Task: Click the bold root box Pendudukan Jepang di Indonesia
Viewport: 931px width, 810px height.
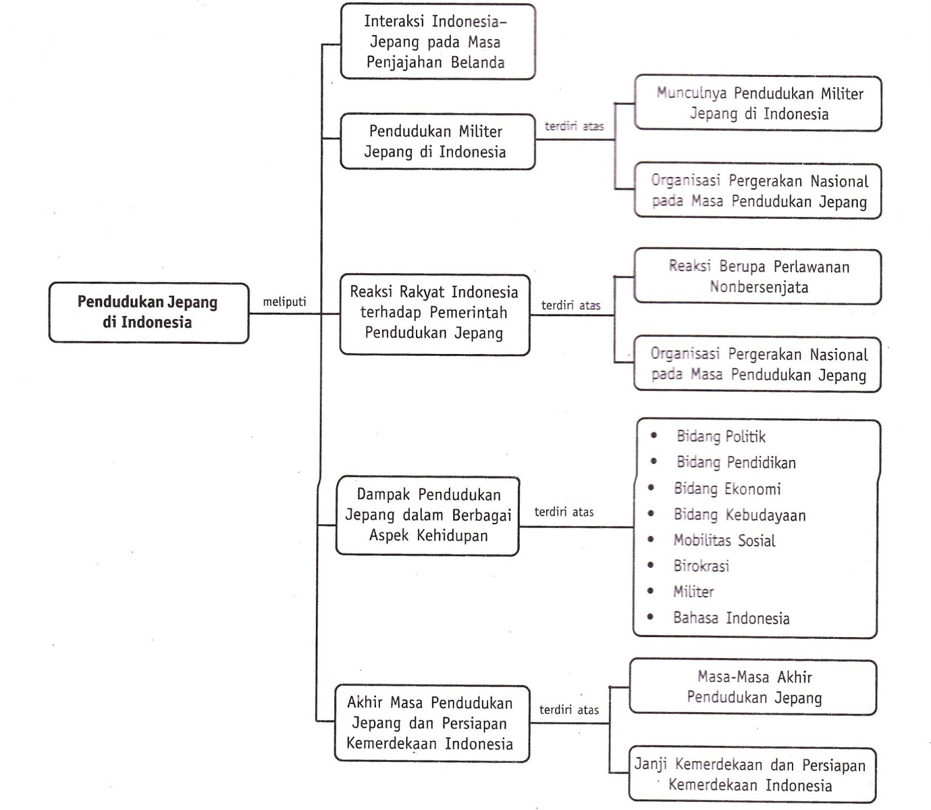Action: point(148,313)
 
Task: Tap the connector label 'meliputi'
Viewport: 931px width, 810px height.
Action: point(284,302)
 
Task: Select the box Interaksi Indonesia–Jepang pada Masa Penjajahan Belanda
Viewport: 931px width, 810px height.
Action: point(437,42)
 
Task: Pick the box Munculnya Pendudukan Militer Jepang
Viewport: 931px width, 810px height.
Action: point(758,104)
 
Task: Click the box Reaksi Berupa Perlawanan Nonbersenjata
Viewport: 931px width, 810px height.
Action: point(758,277)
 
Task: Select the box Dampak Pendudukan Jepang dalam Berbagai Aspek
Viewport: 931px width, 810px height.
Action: point(428,515)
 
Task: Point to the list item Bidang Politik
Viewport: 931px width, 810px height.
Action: point(720,437)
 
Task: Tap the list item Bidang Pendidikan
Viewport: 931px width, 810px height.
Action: point(735,463)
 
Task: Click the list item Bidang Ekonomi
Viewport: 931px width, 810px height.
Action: point(727,489)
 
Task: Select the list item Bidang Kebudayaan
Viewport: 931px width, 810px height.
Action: point(739,515)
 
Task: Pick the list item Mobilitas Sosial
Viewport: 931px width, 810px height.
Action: point(724,540)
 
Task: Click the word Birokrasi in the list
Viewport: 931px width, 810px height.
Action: point(701,566)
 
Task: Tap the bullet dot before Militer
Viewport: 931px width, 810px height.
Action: point(651,590)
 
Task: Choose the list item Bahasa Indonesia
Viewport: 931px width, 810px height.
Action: point(731,618)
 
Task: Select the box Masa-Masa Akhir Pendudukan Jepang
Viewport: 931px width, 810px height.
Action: point(754,687)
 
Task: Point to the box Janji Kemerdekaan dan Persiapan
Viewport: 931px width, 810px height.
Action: point(751,775)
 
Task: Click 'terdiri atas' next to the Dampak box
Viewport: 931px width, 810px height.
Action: point(564,512)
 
